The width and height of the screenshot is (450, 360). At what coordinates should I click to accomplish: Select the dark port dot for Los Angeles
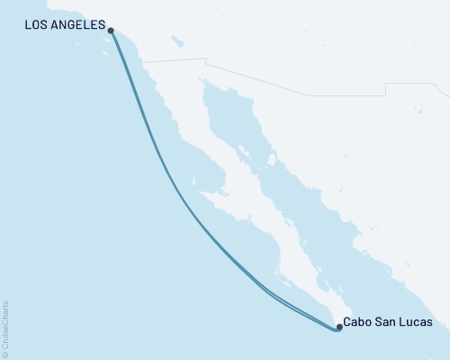coord(110,31)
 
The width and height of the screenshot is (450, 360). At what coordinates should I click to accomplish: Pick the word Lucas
coord(418,322)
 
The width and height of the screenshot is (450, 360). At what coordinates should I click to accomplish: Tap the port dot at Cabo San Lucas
coord(339,328)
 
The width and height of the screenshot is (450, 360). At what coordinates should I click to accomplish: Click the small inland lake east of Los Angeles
coord(177,40)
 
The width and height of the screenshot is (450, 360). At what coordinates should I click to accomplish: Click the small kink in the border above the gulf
coord(206,61)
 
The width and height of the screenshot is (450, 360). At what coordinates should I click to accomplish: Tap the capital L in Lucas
coord(405,322)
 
